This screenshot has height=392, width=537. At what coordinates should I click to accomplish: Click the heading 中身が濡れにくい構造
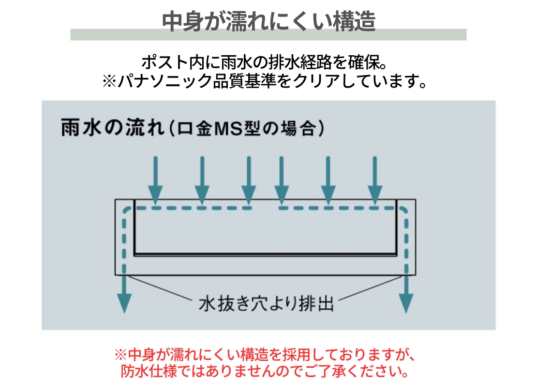pos(268,21)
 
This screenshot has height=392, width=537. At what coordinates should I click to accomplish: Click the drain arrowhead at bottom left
pos(124,303)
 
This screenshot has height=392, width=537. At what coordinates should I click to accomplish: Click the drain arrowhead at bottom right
pos(406,303)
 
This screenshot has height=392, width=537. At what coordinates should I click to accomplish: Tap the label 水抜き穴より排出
pos(266,303)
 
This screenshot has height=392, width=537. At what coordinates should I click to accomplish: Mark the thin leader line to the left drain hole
pos(159,288)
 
